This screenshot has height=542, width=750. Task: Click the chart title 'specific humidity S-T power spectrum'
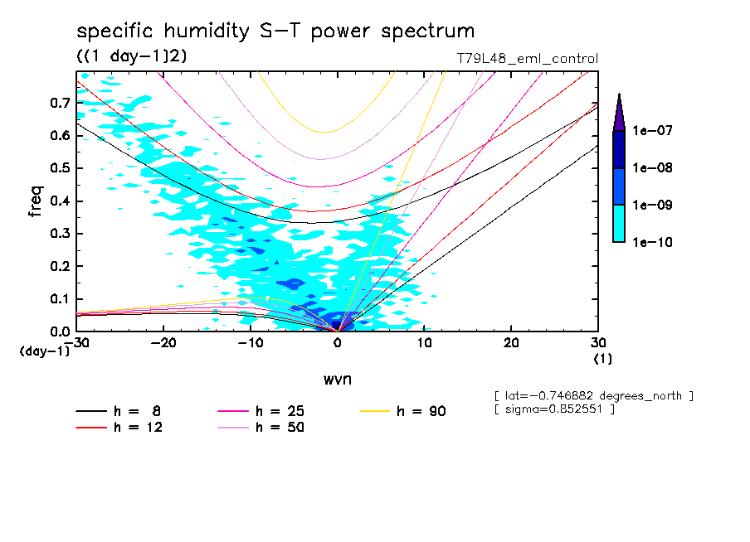tap(275, 31)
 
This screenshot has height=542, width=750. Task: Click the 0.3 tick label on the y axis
tap(59, 234)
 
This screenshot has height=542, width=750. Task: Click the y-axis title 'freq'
tap(35, 203)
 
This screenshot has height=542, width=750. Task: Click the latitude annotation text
tap(592, 396)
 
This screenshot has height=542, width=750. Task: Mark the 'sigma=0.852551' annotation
tap(553, 410)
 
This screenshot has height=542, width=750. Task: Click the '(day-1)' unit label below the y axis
tap(44, 351)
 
